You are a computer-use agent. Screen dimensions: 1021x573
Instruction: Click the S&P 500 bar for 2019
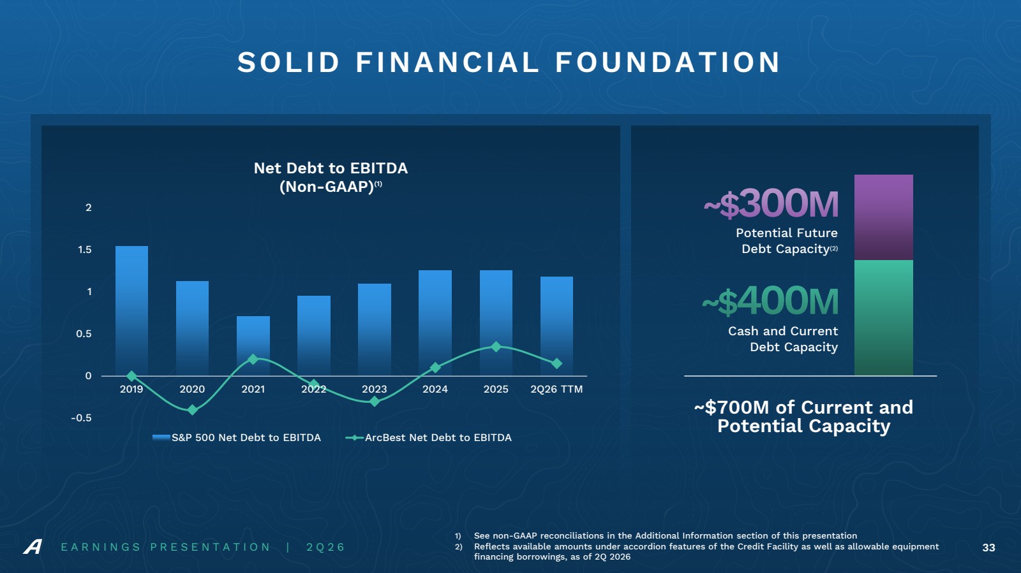[x=131, y=311]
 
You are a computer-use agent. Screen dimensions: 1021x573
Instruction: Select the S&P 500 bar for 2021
[x=253, y=346]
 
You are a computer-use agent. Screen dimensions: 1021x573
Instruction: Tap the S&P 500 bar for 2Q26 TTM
[x=556, y=326]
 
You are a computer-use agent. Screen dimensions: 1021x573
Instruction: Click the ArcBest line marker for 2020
[x=192, y=410]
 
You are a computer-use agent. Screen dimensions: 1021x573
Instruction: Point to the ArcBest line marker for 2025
[x=496, y=347]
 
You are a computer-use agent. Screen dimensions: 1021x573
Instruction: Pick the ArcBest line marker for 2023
[x=374, y=402]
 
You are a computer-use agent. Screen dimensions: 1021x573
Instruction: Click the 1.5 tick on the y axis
[x=85, y=250]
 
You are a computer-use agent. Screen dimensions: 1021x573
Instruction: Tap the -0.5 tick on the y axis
[x=81, y=418]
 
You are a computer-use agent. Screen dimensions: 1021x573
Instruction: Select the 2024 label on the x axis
[x=435, y=389]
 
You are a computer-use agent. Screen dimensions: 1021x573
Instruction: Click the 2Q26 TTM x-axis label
[x=556, y=389]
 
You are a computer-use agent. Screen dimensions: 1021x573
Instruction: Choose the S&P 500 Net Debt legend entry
[x=237, y=437]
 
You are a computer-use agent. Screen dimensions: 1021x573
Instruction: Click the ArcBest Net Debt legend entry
[x=428, y=437]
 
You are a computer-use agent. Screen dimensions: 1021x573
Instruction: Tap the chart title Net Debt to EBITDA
[x=331, y=168]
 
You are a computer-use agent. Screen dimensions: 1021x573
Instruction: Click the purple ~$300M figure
[x=771, y=204]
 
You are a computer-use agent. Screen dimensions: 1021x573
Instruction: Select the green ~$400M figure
[x=770, y=301]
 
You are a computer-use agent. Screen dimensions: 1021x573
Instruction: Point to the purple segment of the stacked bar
[x=883, y=217]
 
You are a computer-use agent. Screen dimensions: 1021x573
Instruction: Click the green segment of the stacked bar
[x=883, y=317]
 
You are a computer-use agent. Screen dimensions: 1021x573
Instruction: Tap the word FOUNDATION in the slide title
[x=667, y=62]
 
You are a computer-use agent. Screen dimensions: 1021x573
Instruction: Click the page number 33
[x=988, y=548]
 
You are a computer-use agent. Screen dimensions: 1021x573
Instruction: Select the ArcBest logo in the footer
[x=33, y=547]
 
